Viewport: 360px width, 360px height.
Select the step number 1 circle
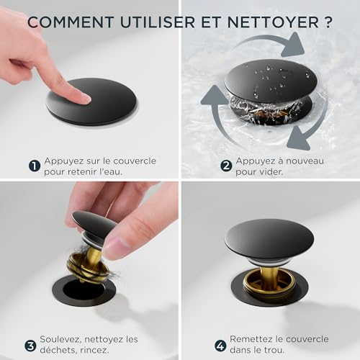click(34, 166)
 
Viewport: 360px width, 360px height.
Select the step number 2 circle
click(225, 166)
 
